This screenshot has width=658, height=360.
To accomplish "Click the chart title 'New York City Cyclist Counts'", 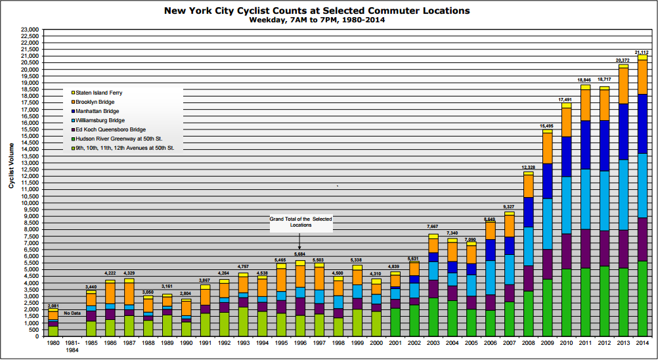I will (317, 11).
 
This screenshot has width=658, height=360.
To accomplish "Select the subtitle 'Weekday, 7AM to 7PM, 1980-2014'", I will (317, 20).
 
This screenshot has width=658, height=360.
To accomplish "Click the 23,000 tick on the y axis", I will (30, 30).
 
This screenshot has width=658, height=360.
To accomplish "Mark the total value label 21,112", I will (642, 52).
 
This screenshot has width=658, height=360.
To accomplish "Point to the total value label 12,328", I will (528, 168).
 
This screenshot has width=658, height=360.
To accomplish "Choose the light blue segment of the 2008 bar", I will (528, 246).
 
